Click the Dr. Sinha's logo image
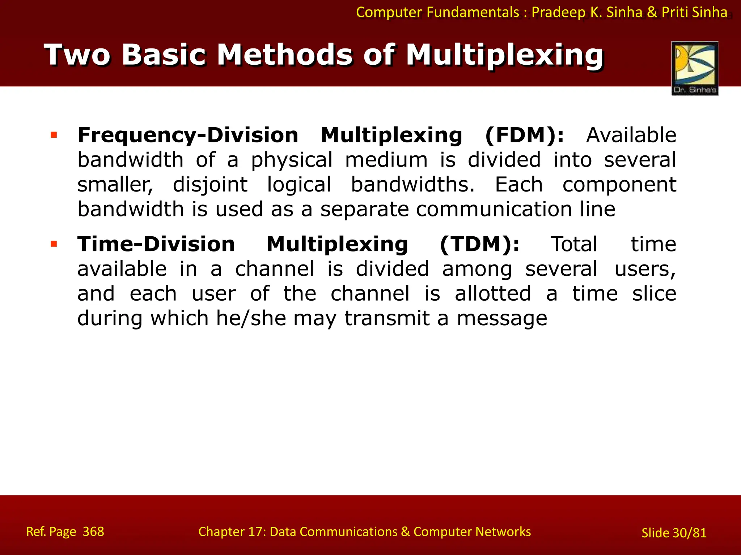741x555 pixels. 695,68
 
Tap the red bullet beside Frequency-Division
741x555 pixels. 54,135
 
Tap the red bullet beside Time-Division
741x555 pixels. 54,244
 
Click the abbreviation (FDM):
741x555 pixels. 524,135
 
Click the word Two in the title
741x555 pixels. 77,55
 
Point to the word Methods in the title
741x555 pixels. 284,55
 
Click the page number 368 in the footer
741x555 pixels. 93,532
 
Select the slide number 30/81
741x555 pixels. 689,533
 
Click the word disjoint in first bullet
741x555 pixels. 210,185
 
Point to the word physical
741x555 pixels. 292,160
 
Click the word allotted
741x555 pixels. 493,293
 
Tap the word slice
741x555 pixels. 654,293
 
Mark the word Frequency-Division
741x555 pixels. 188,135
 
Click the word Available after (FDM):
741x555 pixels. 631,135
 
